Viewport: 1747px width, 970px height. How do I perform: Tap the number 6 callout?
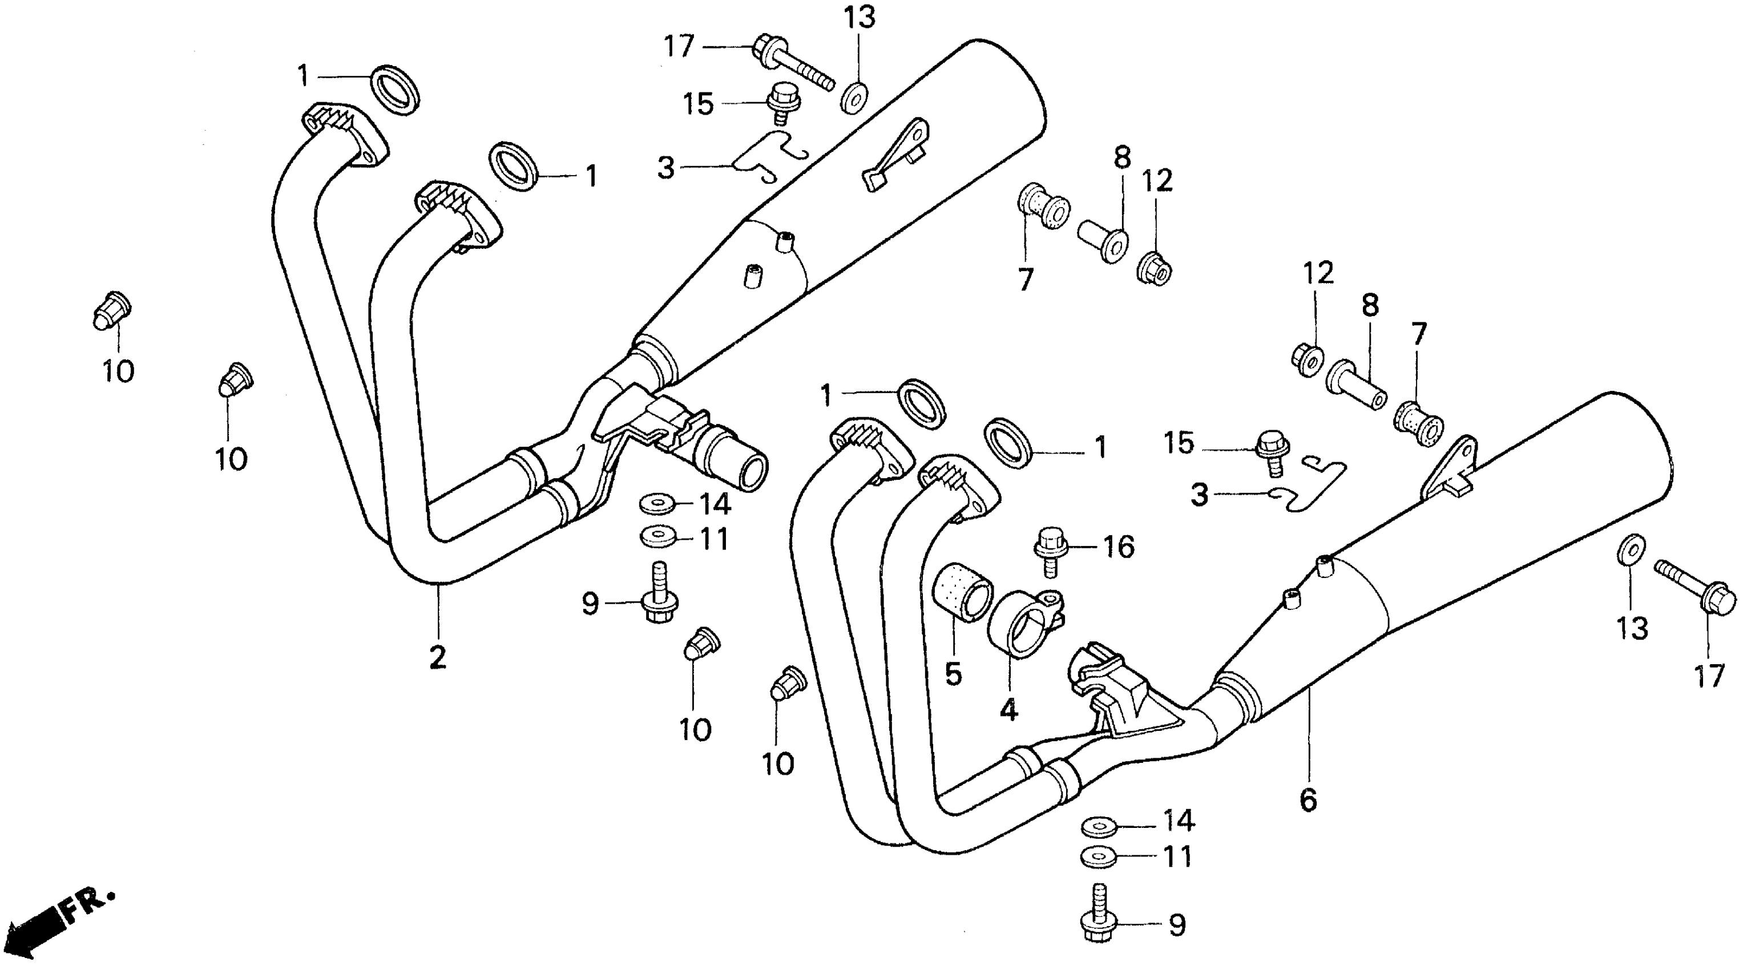(x=1308, y=801)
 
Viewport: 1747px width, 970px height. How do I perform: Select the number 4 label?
(x=1008, y=709)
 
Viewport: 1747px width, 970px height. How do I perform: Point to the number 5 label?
(x=954, y=674)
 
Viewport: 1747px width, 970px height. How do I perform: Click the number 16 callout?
(x=1118, y=547)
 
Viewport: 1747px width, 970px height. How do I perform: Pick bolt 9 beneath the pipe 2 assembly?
(x=659, y=599)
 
